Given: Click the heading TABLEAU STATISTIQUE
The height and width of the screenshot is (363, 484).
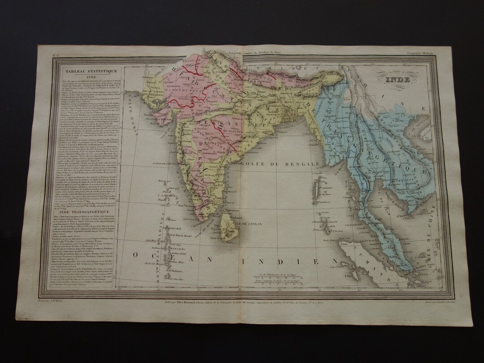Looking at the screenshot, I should coord(85,71).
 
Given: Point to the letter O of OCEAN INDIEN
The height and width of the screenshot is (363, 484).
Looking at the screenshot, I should coord(135,254).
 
